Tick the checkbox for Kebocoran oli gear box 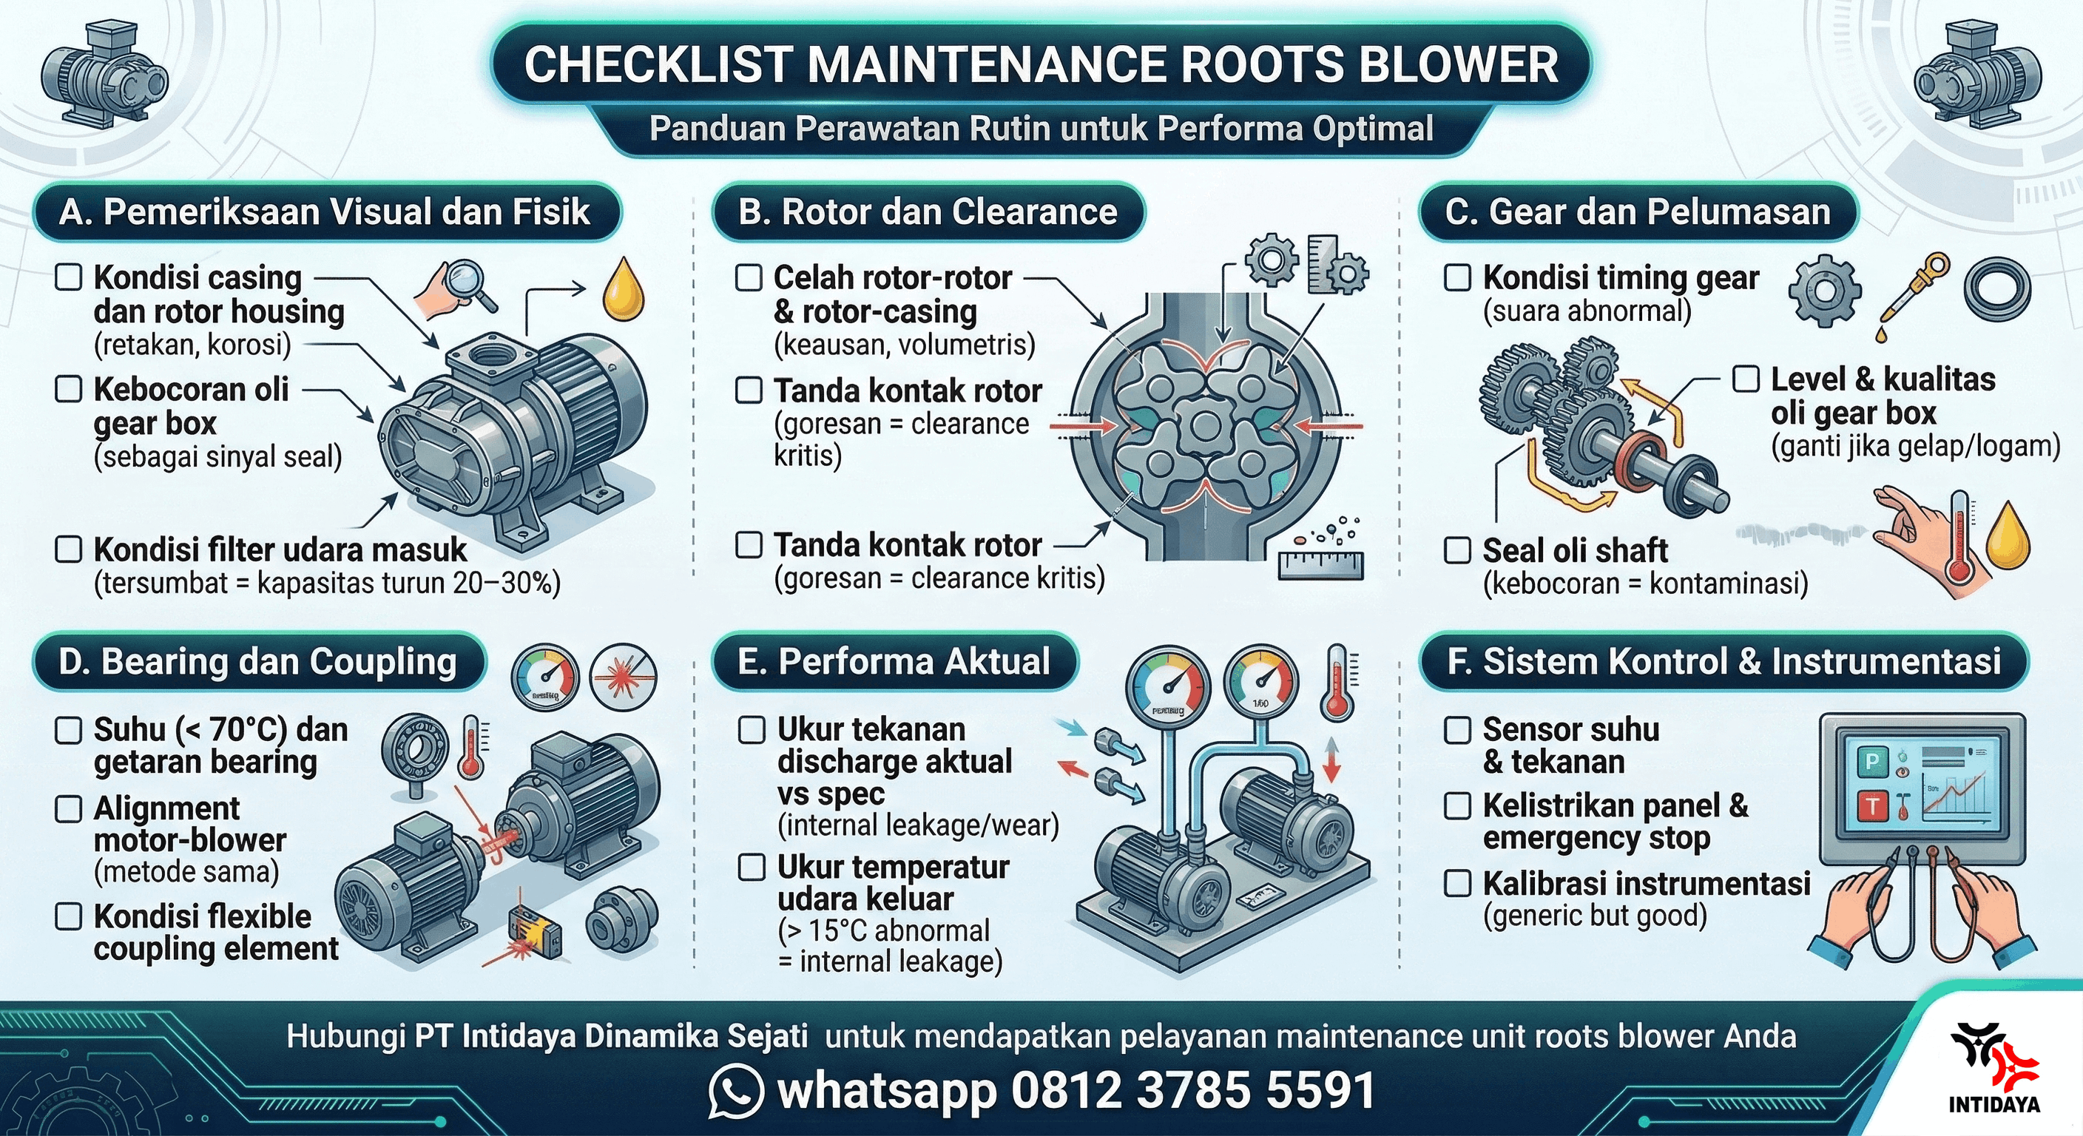pyautogui.click(x=68, y=389)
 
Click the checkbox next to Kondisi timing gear pyautogui.click(x=1457, y=277)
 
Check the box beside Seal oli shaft pyautogui.click(x=1457, y=550)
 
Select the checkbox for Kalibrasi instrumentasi pyautogui.click(x=1457, y=883)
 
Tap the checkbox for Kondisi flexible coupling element pyautogui.click(x=68, y=916)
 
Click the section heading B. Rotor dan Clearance pyautogui.click(x=928, y=212)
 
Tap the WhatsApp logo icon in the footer pyautogui.click(x=735, y=1091)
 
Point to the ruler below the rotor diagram pyautogui.click(x=1320, y=565)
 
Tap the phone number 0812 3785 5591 pyautogui.click(x=1192, y=1091)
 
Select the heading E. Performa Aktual pyautogui.click(x=894, y=661)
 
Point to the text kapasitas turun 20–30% pyautogui.click(x=408, y=583)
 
